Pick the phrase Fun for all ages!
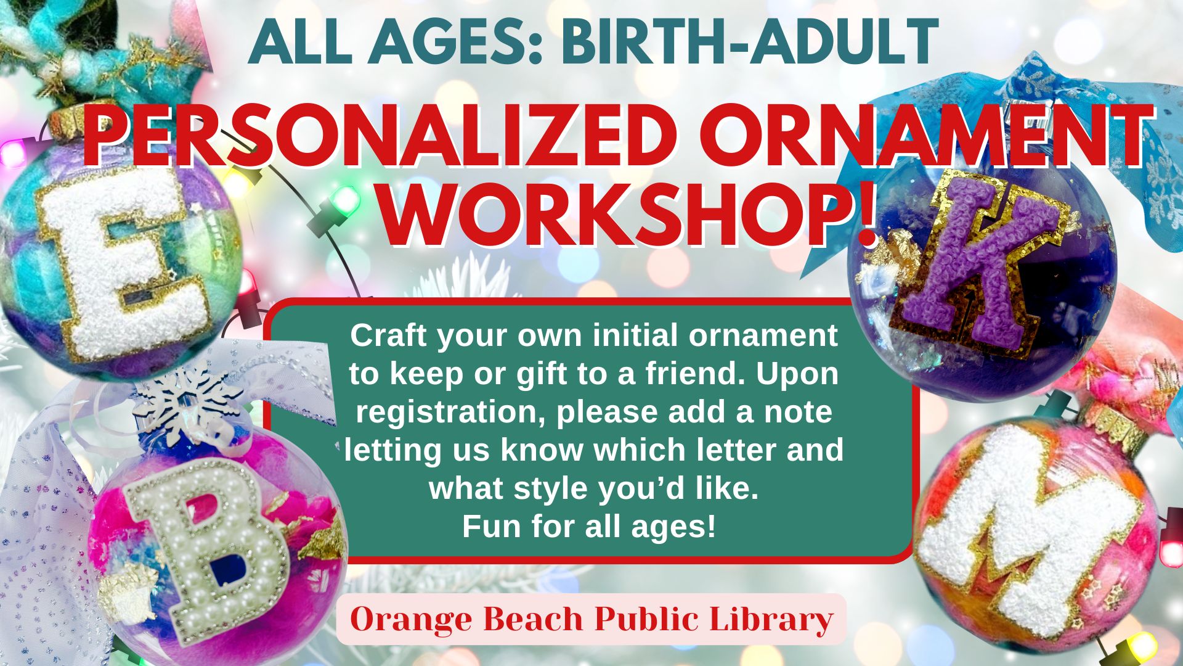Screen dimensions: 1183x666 pos(589,527)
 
